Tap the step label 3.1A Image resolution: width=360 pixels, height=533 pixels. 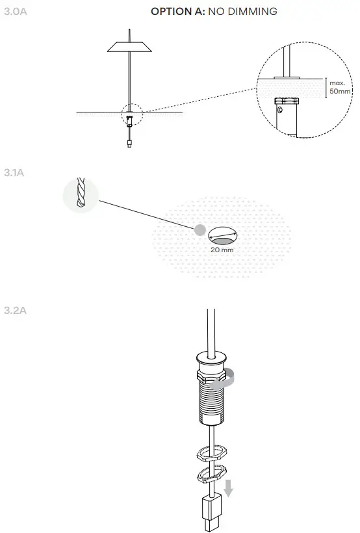click(14, 173)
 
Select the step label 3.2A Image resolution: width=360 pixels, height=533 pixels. click(14, 310)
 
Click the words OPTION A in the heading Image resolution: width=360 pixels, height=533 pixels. click(178, 12)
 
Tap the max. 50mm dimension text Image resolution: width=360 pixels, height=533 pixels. click(337, 87)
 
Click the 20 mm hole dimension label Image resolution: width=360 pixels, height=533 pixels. click(222, 250)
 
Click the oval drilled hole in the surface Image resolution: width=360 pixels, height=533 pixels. click(223, 235)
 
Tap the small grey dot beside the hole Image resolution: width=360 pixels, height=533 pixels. click(200, 229)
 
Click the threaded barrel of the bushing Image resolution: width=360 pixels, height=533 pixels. click(211, 400)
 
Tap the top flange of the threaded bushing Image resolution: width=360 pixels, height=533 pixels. click(210, 358)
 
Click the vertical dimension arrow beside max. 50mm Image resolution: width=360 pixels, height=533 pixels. click(326, 88)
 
